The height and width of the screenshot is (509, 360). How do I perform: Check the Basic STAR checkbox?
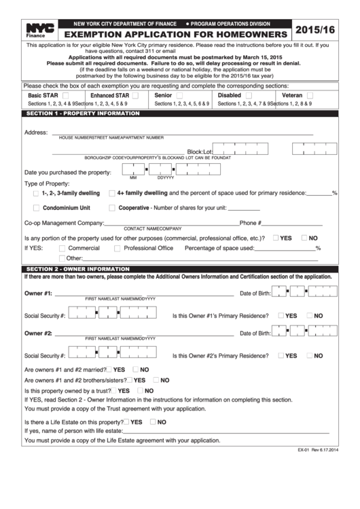click(67, 96)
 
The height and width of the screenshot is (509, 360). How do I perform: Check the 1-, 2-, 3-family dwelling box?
click(35, 194)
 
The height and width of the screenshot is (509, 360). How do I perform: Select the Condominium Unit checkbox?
click(35, 208)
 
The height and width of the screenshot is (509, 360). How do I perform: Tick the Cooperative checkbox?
click(112, 208)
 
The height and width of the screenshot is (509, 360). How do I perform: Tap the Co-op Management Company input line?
click(170, 223)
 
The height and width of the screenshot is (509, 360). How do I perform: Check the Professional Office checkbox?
click(117, 248)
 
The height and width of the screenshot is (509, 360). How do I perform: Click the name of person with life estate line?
click(224, 432)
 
